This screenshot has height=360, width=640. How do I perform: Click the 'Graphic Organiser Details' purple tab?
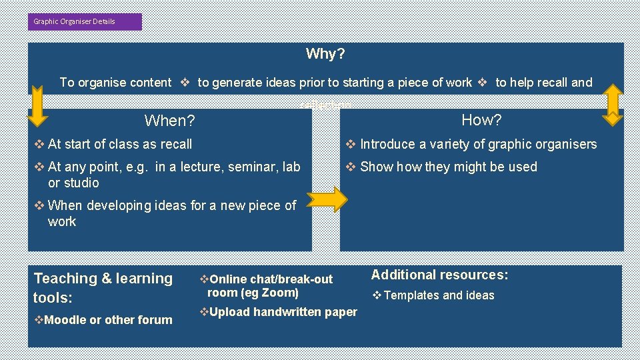85,21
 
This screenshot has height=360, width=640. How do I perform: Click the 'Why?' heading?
325,54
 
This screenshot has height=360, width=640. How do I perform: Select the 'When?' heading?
169,121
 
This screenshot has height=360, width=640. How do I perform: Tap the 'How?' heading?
481,120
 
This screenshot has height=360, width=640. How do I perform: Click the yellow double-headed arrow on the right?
612,105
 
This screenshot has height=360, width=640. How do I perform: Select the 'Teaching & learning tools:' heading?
103,287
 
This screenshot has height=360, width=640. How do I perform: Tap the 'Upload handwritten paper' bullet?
283,312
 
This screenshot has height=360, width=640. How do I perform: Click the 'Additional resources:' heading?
439,275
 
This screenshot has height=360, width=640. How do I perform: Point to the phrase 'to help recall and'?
543,83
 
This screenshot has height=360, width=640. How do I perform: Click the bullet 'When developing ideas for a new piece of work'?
171,213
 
